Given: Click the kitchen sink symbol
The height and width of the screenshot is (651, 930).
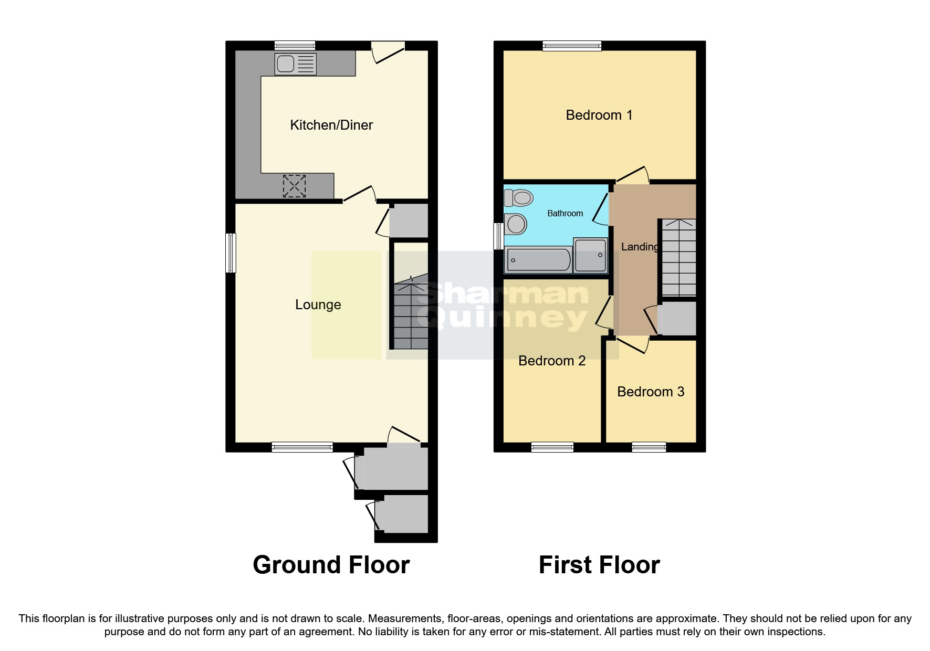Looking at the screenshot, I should tap(295, 64).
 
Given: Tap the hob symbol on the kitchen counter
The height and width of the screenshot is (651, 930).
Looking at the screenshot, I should tap(294, 186).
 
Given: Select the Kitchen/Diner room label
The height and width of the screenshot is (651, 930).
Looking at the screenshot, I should tap(331, 125).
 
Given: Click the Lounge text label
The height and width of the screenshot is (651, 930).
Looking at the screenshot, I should tap(318, 304).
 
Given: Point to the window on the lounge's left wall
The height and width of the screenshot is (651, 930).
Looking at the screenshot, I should tap(231, 253).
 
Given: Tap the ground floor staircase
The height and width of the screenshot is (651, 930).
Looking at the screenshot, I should tap(411, 315).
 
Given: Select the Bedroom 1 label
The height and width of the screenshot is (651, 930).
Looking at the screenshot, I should tap(599, 115).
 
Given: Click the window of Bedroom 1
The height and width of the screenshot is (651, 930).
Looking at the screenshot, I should tap(572, 46).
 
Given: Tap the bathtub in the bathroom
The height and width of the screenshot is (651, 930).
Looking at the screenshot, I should tap(537, 260).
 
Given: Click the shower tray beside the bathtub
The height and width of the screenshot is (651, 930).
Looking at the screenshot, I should tap(591, 255).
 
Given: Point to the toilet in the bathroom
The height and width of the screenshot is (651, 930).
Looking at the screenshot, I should tap(518, 198).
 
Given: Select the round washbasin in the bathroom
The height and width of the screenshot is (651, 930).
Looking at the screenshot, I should tap(516, 225).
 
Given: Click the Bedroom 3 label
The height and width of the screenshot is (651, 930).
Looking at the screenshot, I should tap(651, 392).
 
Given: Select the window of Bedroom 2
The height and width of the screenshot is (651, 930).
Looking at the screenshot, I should tap(552, 447).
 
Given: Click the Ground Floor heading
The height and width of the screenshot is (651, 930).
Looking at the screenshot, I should tap(331, 565).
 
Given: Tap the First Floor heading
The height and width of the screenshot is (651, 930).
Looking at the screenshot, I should tap(599, 565).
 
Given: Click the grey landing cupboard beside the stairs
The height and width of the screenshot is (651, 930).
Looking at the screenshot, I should tap(677, 318).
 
